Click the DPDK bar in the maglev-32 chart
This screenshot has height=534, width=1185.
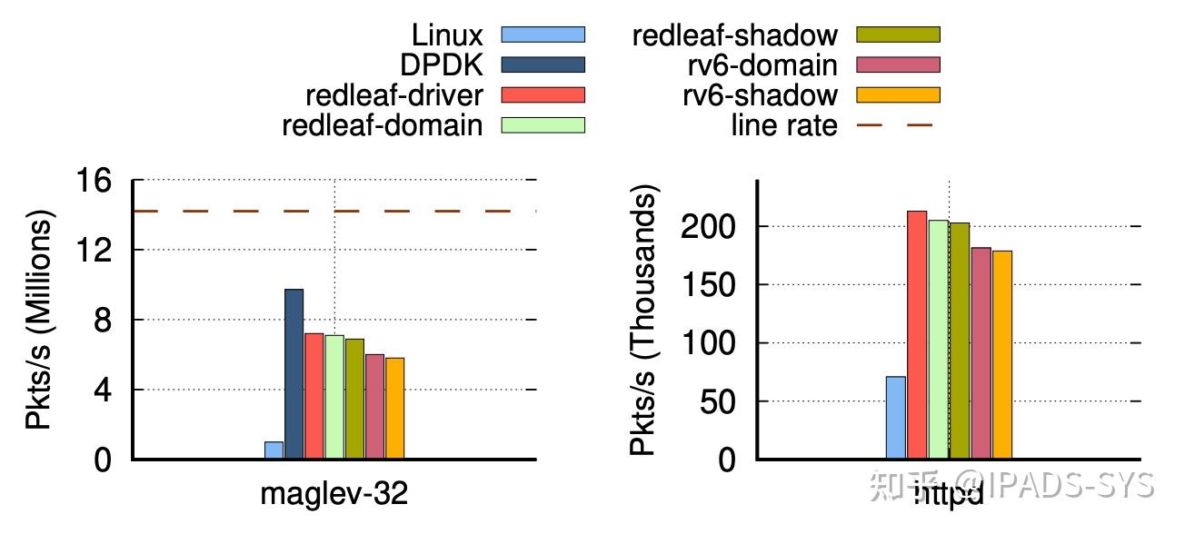pos(294,374)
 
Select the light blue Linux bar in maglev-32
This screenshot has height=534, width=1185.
pos(274,450)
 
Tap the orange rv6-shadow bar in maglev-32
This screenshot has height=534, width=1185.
pos(394,409)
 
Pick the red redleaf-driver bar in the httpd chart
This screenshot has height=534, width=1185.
pos(917,335)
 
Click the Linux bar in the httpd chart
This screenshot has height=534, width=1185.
pos(895,418)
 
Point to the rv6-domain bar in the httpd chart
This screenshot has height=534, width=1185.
pos(981,353)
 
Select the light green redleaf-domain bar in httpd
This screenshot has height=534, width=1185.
pos(938,340)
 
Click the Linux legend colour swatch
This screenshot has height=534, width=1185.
pos(543,35)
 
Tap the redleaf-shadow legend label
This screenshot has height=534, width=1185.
pos(734,35)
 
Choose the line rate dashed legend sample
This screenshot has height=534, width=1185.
pos(896,124)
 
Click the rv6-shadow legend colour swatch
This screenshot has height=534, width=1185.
pos(898,94)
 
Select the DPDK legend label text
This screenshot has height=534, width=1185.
pos(442,65)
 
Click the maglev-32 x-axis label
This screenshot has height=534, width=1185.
pos(334,493)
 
